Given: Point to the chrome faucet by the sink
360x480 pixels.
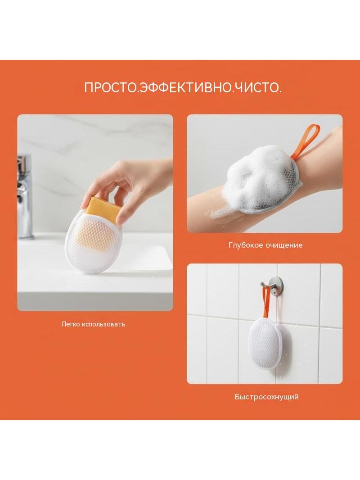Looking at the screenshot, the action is tap(24, 196).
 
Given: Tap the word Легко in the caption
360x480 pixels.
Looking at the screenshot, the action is tap(71, 324).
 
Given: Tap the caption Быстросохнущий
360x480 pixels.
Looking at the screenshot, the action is tap(267, 397).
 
